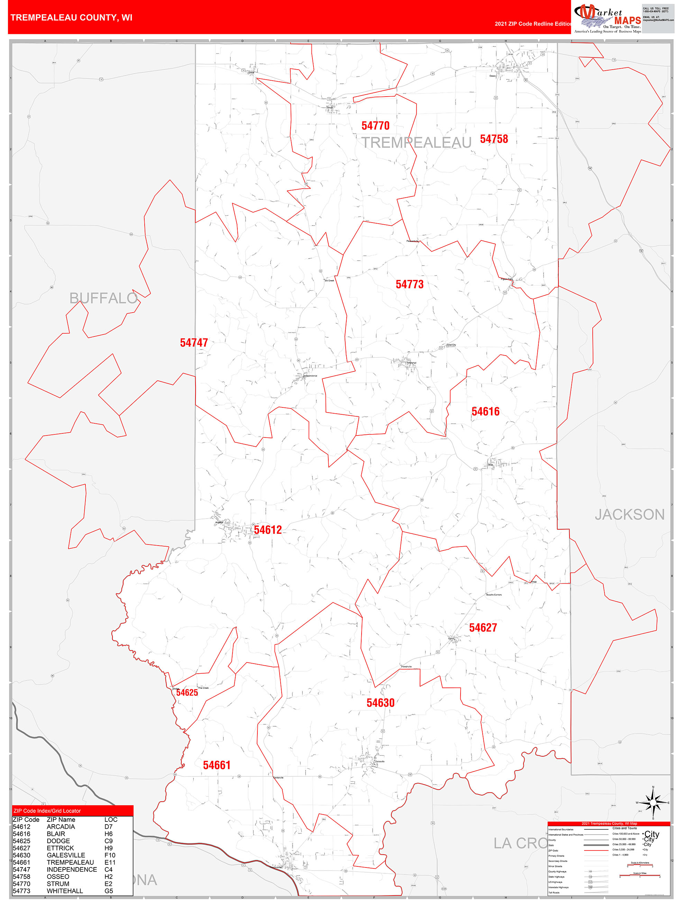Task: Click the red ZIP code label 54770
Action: [x=375, y=126]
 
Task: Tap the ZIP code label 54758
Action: [x=494, y=139]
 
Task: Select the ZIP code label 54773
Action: [x=410, y=285]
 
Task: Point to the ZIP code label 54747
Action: [x=194, y=343]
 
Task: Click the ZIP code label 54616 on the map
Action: [x=485, y=412]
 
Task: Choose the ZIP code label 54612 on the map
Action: [x=268, y=530]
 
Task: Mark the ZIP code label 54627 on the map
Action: [x=483, y=628]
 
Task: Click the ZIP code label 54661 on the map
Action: [x=217, y=765]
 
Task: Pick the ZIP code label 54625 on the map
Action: [x=187, y=693]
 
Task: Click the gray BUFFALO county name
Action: [x=103, y=298]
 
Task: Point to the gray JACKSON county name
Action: [x=629, y=515]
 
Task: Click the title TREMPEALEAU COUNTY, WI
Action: [x=71, y=18]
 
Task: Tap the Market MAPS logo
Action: [x=607, y=18]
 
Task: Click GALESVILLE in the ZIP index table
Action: [x=66, y=855]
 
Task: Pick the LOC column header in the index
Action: [x=111, y=819]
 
